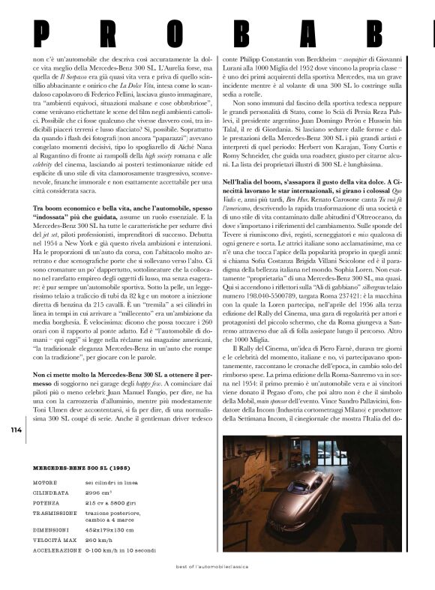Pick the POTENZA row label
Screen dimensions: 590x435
click(x=47, y=503)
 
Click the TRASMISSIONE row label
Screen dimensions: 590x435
click(x=55, y=514)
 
